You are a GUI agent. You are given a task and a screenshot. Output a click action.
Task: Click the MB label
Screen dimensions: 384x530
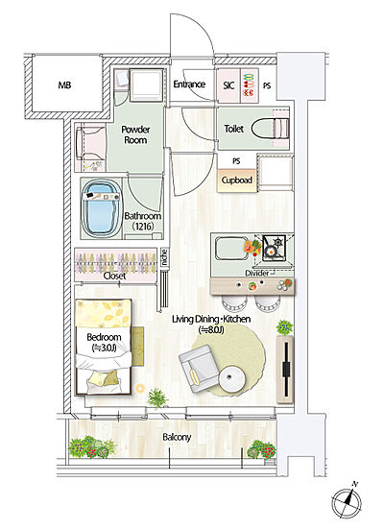[64, 84]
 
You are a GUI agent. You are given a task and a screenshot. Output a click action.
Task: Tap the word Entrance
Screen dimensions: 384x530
[189, 84]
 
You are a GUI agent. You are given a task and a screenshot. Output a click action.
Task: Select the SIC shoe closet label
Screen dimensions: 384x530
[228, 85]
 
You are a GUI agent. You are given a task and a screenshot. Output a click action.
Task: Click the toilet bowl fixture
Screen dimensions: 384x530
[271, 128]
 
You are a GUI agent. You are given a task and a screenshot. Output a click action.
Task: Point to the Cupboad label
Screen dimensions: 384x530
[236, 181]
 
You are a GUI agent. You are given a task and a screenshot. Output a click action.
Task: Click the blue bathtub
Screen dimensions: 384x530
[102, 208]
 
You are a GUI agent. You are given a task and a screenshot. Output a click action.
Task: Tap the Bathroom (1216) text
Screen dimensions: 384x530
[143, 221]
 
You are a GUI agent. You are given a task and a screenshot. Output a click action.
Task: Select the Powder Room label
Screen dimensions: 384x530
[135, 134]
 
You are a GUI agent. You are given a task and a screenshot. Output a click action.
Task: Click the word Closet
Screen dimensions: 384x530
[114, 276]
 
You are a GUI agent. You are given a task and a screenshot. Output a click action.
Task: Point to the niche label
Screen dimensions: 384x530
[164, 258]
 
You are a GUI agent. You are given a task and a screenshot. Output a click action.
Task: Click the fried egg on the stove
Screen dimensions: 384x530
[270, 252]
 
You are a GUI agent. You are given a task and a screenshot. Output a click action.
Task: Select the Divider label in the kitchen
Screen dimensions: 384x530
[257, 273]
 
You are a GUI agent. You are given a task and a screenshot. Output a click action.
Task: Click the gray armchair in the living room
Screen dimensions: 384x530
[198, 369]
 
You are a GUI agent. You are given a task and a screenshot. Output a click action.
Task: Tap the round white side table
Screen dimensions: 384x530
[231, 379]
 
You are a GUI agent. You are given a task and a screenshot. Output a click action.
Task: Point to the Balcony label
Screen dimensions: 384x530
[177, 438]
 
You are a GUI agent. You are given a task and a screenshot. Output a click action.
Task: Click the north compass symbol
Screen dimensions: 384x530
[347, 501]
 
